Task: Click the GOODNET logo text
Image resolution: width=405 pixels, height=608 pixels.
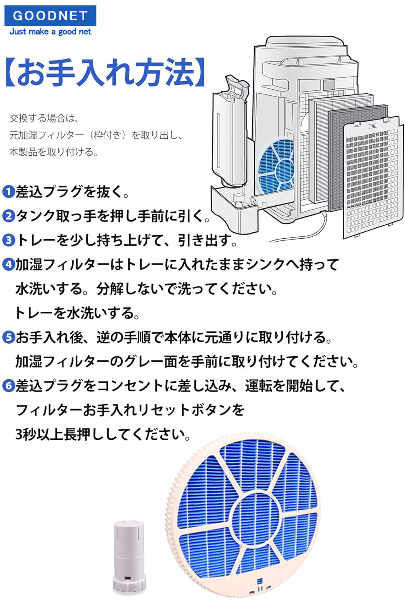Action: coord(50,16)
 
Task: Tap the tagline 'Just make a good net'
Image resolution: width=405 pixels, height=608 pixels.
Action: coord(50,32)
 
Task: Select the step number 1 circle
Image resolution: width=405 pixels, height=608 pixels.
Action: coord(8,191)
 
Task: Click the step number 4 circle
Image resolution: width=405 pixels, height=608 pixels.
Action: coord(8,265)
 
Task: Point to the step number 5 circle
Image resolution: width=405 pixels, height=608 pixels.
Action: coord(8,337)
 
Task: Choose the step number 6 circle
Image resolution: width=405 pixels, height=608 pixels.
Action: coord(8,386)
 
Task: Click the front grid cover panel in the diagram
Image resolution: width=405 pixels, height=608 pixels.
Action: coord(373,178)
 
